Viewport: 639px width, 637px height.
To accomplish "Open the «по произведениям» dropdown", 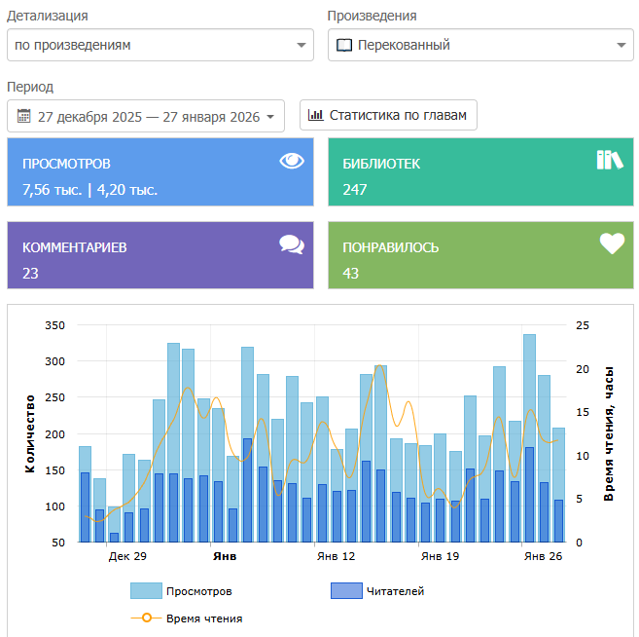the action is [160, 45].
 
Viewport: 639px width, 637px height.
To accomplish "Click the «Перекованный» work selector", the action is [480, 45].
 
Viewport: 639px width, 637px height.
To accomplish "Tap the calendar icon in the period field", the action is [24, 116].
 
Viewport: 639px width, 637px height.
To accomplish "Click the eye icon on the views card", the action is [292, 161].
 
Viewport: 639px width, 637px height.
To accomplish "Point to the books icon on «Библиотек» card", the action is [610, 160].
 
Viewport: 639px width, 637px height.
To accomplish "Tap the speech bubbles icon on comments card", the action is [292, 244].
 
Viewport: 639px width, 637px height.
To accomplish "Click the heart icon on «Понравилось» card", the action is [612, 244].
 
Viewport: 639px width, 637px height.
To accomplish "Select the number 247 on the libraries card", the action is [355, 190].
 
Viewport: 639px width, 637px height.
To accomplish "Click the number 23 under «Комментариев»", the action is [30, 274].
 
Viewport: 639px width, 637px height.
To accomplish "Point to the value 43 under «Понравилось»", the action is [350, 274].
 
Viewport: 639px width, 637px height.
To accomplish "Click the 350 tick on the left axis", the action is [55, 325].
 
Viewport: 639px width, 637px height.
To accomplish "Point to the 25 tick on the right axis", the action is [583, 325].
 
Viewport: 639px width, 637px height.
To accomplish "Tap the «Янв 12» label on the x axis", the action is [337, 556].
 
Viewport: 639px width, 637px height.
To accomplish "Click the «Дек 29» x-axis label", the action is [127, 556].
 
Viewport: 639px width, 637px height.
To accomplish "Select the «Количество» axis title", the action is [30, 433].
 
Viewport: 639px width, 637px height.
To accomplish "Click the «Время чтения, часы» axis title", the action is [609, 433].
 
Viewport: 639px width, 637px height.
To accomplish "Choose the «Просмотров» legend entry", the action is [181, 591].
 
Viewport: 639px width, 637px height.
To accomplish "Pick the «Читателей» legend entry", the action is [377, 591].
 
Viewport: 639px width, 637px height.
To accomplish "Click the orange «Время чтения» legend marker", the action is [147, 618].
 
